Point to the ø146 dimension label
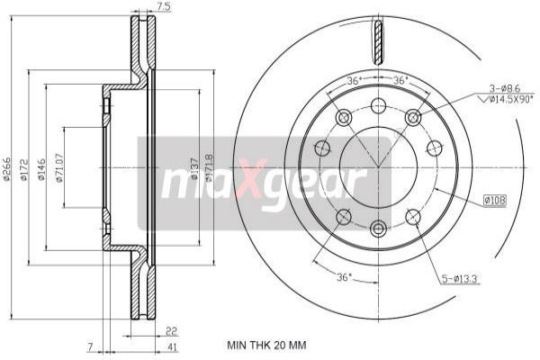(41, 170)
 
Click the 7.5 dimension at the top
(164, 7)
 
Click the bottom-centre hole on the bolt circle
(378, 229)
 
